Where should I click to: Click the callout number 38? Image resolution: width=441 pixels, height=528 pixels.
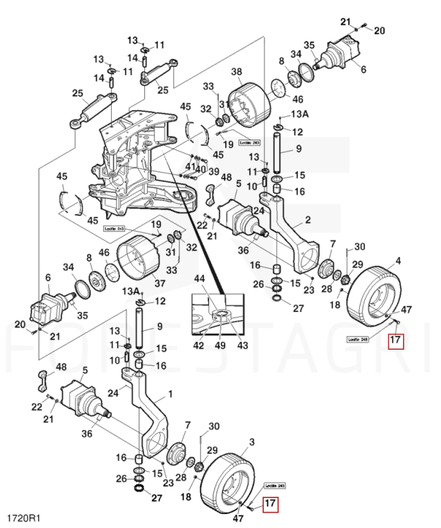[235, 72]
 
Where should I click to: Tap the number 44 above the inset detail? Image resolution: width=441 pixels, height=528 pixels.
[200, 279]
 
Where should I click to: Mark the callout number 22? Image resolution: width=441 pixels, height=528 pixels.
[37, 406]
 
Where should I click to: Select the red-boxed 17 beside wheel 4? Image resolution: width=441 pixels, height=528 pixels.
[395, 340]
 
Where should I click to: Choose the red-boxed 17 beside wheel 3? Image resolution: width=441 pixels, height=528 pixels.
[270, 503]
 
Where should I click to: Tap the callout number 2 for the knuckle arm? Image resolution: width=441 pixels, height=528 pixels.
[307, 220]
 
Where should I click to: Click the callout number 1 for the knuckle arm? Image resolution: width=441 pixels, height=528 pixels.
[171, 394]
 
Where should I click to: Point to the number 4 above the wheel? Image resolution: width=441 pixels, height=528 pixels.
[398, 260]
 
